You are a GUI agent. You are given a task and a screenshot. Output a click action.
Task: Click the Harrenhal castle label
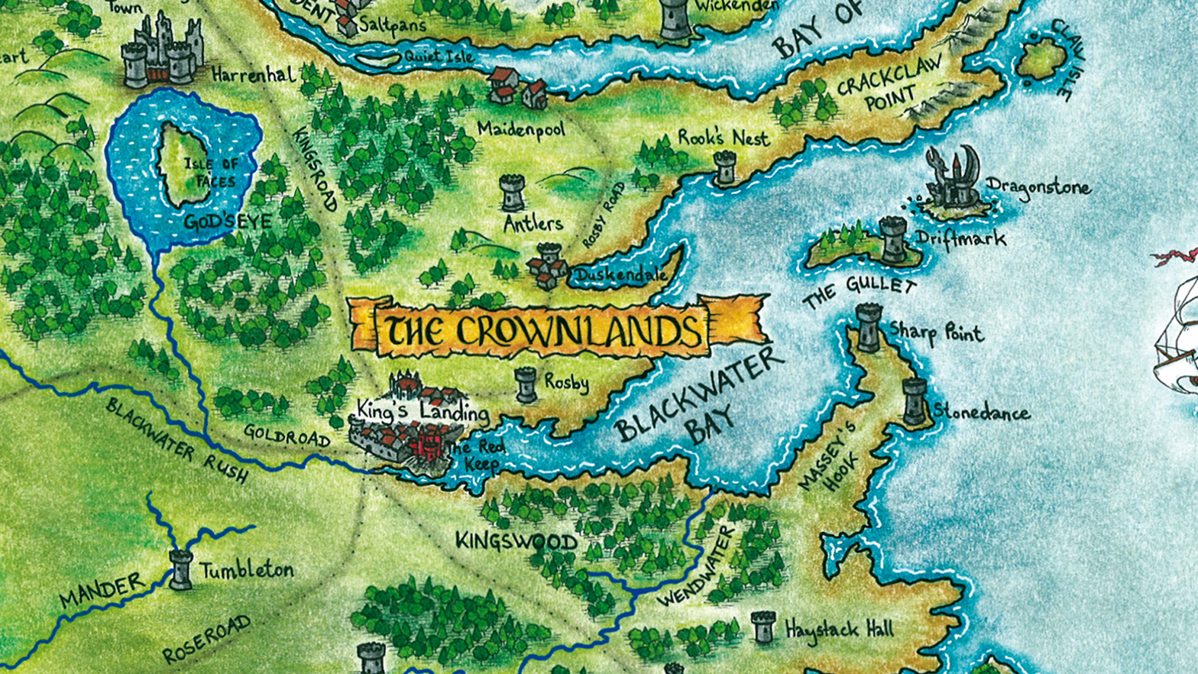tap(254, 75)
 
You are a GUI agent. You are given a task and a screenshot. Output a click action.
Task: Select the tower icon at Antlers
tap(513, 193)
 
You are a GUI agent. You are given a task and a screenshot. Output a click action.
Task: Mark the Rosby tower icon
tap(526, 385)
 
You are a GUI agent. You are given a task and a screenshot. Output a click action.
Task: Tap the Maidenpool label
tap(521, 129)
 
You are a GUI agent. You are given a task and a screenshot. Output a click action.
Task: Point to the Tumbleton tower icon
tap(181, 570)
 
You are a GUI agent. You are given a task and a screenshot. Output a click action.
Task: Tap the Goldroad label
tap(287, 435)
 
